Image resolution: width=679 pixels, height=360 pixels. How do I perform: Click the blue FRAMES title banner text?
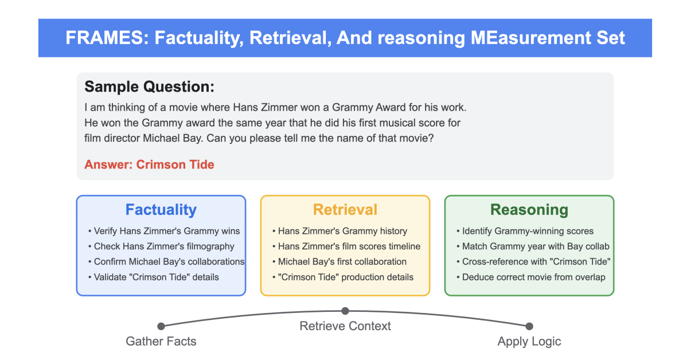[345, 38]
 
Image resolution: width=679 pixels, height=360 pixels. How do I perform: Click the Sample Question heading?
[149, 87]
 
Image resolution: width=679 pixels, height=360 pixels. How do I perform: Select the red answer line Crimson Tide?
[149, 165]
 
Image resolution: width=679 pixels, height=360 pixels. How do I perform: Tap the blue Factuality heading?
[161, 210]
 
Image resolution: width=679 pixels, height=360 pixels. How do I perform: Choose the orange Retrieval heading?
[345, 210]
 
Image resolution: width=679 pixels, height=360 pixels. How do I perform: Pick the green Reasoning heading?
[529, 210]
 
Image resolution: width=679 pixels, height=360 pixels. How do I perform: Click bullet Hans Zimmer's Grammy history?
[342, 231]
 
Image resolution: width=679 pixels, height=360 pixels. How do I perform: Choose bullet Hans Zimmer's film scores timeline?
[349, 246]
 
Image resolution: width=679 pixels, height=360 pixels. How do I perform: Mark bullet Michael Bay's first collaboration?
[342, 262]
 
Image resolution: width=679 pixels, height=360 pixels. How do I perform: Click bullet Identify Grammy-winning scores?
[528, 231]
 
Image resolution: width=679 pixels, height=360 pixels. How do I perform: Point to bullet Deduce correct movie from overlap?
[533, 277]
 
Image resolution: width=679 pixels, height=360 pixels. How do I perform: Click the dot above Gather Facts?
[161, 326]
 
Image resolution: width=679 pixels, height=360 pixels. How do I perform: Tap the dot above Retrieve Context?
[345, 311]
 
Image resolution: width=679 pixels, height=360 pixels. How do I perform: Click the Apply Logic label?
[529, 342]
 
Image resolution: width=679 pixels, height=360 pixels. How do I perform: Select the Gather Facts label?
[161, 342]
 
